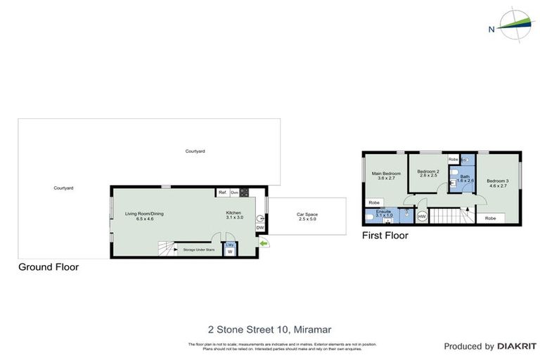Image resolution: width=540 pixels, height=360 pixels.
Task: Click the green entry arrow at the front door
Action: tap(264, 243)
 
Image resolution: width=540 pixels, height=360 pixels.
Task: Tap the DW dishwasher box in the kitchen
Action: tap(259, 228)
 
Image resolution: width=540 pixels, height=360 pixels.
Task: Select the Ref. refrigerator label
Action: tap(222, 192)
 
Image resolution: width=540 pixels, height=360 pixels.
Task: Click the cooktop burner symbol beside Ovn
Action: tap(244, 192)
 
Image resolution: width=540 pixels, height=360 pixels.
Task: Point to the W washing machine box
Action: tap(229, 251)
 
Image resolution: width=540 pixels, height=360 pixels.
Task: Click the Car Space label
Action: tap(307, 216)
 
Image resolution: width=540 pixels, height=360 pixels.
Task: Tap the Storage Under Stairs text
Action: tap(198, 250)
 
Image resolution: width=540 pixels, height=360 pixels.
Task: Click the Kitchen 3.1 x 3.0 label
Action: tap(234, 215)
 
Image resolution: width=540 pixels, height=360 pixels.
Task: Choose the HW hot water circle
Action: tap(422, 217)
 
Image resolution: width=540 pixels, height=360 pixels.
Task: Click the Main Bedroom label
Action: tap(386, 176)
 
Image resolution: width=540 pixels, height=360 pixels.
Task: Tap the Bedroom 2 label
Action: tap(427, 174)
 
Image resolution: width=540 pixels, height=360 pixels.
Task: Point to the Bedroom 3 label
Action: tap(498, 183)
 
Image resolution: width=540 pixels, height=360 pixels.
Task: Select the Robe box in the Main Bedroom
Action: tap(373, 203)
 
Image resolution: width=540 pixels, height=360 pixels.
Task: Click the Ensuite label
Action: tap(383, 213)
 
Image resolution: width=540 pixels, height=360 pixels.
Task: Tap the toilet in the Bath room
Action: tap(455, 173)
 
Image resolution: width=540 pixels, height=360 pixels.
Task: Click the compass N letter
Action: tap(491, 29)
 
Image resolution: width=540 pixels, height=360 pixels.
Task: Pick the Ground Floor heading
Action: tap(49, 267)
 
